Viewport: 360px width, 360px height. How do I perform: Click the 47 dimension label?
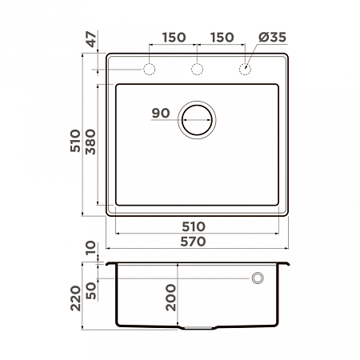pyautogui.click(x=90, y=38)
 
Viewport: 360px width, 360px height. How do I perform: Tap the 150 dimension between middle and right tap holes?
pyautogui.click(x=222, y=38)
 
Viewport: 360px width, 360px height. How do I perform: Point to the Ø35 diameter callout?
pyautogui.click(x=270, y=38)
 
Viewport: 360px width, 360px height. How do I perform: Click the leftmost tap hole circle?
pyautogui.click(x=149, y=70)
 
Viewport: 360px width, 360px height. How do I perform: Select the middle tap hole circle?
pyautogui.click(x=197, y=70)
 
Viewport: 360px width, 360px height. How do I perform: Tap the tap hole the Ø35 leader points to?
pyautogui.click(x=245, y=70)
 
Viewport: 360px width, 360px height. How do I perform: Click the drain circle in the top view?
pyautogui.click(x=197, y=122)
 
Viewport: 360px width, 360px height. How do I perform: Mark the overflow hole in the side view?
pyautogui.click(x=258, y=278)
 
